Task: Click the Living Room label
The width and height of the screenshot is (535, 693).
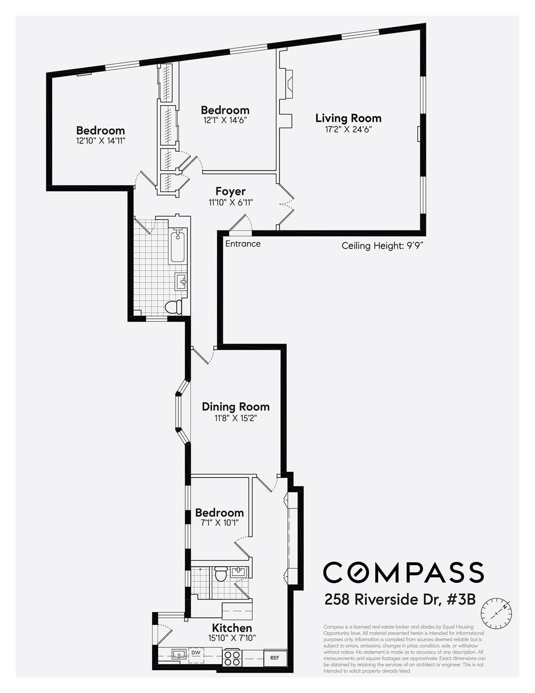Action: pos(348,118)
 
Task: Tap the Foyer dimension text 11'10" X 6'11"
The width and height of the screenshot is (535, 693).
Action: pos(230,202)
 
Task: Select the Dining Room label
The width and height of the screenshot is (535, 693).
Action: pos(235,407)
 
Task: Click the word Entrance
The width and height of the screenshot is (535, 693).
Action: pos(243,244)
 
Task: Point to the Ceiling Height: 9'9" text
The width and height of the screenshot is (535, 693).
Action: pos(382,246)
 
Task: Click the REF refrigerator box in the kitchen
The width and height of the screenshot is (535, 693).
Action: pos(275,657)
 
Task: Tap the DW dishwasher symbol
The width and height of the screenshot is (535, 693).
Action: pos(196,653)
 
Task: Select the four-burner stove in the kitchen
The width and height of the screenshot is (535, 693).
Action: pos(232,657)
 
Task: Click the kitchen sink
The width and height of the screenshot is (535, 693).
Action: pos(179,654)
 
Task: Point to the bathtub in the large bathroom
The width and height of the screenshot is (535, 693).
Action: pos(177,247)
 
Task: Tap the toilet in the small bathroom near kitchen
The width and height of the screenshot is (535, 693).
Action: pos(221,574)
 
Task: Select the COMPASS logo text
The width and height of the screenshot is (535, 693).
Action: pos(403,572)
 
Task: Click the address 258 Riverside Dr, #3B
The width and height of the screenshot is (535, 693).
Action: pos(400,599)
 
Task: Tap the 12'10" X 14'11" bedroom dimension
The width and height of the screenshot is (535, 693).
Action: pos(100,141)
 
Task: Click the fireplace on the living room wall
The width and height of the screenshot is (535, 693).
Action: pos(286,82)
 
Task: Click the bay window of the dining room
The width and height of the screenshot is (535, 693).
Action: pos(179,411)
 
